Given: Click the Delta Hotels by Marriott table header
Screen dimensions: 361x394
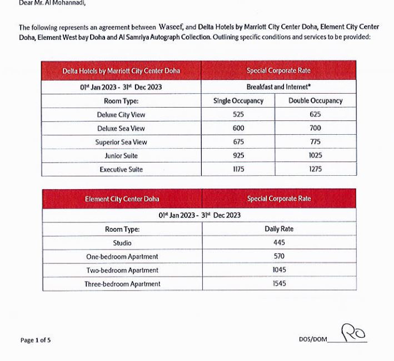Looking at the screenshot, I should click(121, 71).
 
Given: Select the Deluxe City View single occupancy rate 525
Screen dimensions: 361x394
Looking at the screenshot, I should click(238, 115).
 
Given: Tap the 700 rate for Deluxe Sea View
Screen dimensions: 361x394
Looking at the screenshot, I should click(315, 128).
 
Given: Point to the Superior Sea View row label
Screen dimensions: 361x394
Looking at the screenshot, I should click(121, 142).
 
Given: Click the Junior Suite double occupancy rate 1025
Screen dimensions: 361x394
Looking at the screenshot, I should click(315, 156).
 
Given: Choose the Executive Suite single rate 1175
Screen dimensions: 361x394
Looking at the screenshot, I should click(238, 169).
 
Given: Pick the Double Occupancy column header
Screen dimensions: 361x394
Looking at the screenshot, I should click(315, 101).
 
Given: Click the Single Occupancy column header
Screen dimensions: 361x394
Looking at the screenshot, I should click(238, 101).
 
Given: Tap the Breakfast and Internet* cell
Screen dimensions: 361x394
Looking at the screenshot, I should click(278, 87).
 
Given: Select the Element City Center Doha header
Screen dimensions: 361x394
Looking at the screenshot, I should click(122, 199).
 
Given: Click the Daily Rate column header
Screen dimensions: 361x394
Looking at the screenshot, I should click(279, 228).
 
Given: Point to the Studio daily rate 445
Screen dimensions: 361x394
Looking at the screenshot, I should click(279, 243).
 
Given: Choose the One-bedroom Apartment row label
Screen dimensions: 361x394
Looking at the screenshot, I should click(122, 257).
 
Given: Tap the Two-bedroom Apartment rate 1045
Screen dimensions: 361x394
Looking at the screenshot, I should click(279, 270).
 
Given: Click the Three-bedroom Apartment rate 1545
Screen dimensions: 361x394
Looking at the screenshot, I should click(279, 284).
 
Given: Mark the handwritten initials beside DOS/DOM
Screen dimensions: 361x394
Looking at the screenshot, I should click(353, 333).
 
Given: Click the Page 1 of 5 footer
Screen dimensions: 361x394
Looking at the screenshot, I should click(35, 340).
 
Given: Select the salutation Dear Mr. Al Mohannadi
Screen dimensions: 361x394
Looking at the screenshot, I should click(52, 3).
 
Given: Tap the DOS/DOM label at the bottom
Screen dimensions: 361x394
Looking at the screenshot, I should click(313, 339).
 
